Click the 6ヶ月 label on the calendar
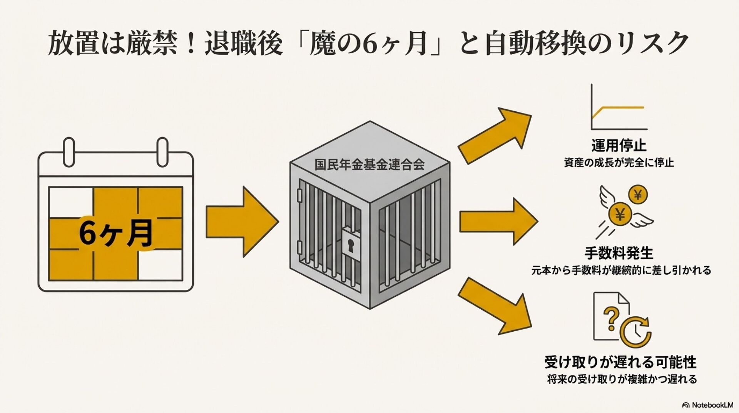(115, 233)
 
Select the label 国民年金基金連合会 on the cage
(369, 165)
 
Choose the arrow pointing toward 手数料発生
(498, 222)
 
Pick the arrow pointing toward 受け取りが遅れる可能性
(495, 307)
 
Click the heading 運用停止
(619, 146)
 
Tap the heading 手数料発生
(619, 254)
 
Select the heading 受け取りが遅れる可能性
(620, 362)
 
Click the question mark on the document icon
(611, 318)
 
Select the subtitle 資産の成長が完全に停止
(619, 163)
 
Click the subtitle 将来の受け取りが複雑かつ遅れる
(622, 379)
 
